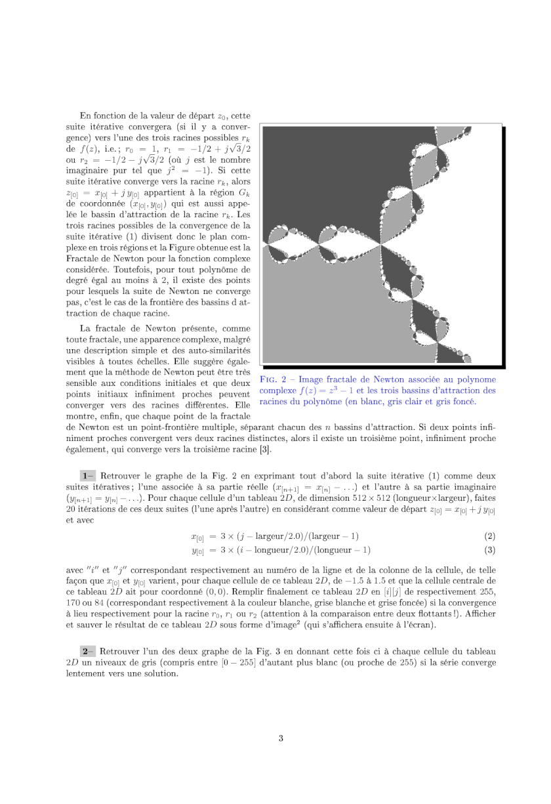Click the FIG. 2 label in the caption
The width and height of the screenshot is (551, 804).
275,379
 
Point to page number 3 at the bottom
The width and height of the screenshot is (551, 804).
281,738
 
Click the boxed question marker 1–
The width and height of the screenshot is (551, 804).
87,475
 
